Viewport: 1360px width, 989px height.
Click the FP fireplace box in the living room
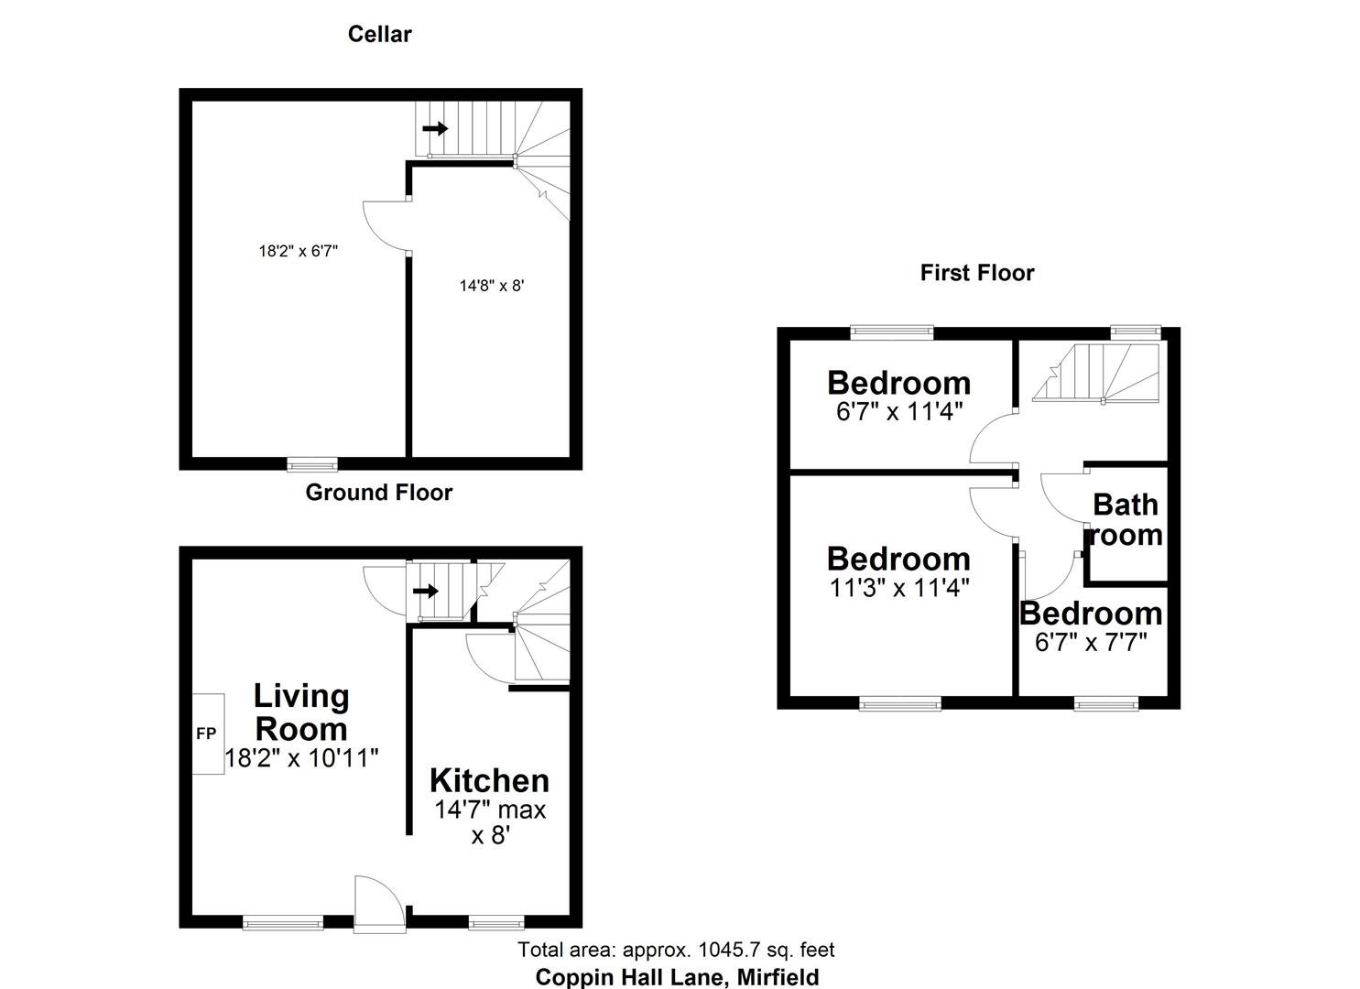208,734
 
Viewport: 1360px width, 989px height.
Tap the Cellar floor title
379,35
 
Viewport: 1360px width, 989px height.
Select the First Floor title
977,273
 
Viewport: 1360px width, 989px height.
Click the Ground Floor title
378,493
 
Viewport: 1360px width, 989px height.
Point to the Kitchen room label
489,781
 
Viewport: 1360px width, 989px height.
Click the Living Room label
301,712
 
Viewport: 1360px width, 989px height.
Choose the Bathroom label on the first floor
1126,519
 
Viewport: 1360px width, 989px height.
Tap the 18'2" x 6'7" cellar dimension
299,251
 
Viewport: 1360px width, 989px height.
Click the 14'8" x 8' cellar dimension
492,286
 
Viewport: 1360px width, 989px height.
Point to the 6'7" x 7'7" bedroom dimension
1091,643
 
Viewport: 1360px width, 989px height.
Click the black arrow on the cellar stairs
435,128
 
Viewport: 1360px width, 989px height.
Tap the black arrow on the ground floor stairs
426,591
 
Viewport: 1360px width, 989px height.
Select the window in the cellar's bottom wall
312,464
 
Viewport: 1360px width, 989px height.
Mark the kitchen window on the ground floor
496,922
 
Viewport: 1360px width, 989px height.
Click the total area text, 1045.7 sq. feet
676,951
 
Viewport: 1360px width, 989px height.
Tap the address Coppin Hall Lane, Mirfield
677,977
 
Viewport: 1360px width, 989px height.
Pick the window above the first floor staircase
1137,331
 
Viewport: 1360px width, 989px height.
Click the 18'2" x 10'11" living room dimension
301,758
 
